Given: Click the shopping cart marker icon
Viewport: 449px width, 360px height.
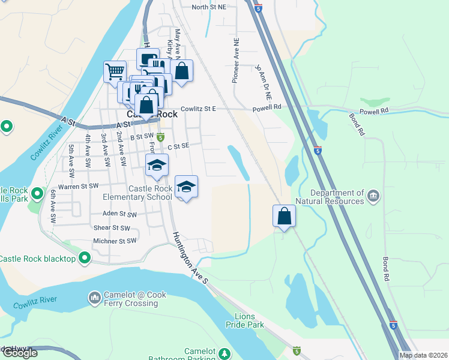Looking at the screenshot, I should [115, 72].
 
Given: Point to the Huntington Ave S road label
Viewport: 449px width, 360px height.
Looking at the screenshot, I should [190, 258].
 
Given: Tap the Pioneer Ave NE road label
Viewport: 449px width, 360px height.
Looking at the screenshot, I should [235, 62].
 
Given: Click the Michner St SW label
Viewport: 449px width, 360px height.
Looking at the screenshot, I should [115, 241].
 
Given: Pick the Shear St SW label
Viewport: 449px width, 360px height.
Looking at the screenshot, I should [112, 227].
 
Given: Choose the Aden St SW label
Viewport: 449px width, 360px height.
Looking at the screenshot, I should [119, 214].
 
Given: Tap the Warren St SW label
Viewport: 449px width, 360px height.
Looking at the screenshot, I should [77, 187].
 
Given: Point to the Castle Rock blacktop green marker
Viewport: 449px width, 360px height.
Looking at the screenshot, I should [85, 259].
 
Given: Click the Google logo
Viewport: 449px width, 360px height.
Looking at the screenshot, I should [19, 353].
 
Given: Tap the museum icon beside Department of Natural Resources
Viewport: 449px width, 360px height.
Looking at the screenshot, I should [373, 194].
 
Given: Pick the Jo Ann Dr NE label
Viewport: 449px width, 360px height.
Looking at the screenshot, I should [264, 82].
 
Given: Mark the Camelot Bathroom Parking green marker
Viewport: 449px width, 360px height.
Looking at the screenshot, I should [224, 353].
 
